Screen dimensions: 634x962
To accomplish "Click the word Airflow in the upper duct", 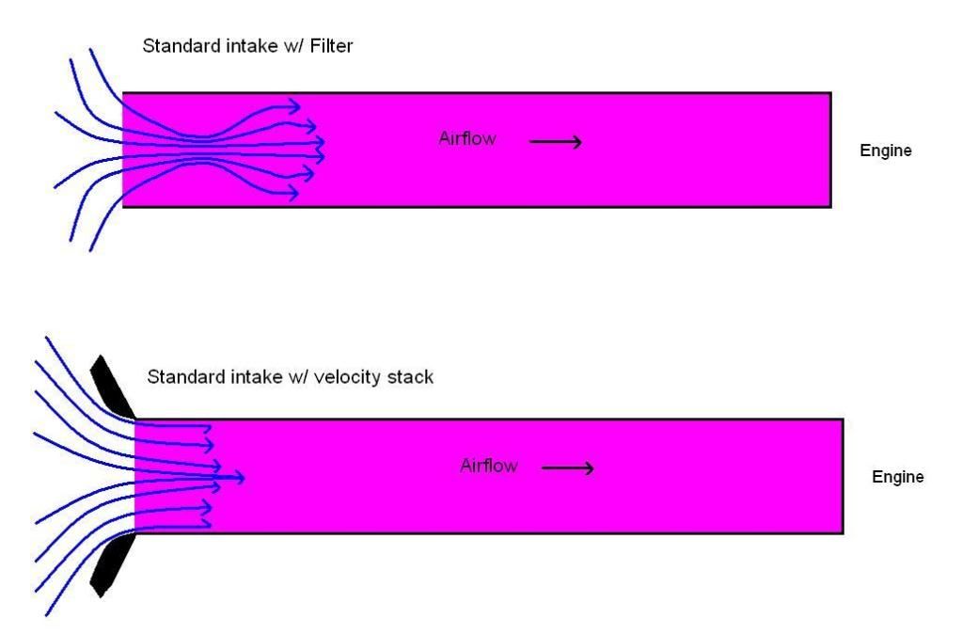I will (x=467, y=138).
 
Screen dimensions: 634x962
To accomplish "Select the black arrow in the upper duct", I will (x=555, y=142).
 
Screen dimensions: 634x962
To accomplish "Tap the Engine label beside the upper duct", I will (x=886, y=151).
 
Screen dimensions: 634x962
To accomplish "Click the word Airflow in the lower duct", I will (x=488, y=465).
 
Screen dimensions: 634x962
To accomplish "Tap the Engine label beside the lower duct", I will (x=898, y=477).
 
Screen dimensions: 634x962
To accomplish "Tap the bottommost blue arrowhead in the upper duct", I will (x=295, y=193).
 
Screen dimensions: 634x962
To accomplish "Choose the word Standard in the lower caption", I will (x=182, y=378).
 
